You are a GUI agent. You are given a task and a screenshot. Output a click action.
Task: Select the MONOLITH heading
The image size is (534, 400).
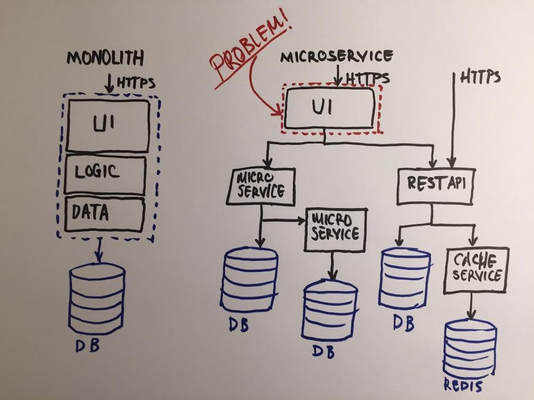(x=105, y=58)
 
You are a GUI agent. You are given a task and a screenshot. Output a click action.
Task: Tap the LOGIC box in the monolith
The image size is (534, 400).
(x=104, y=173)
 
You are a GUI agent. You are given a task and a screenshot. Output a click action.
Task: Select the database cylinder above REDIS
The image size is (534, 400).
(x=470, y=348)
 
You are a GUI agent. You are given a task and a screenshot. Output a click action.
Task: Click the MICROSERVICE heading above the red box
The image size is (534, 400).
(x=337, y=56)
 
